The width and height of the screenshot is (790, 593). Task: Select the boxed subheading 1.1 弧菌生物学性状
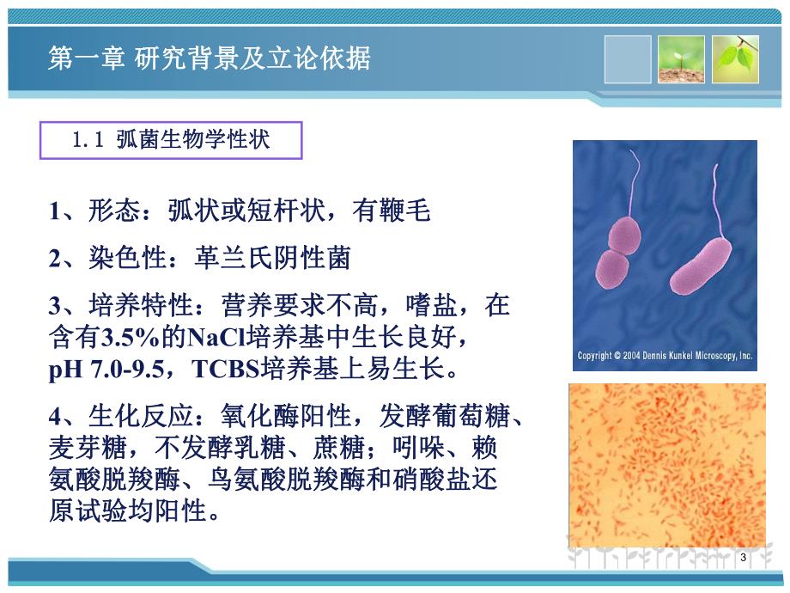[x=172, y=140]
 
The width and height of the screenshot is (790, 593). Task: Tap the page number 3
[x=743, y=559]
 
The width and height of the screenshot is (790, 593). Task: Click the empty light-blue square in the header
[x=628, y=59]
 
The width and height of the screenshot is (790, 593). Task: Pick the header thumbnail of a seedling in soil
[x=682, y=59]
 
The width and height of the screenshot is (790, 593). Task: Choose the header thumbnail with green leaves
[x=736, y=59]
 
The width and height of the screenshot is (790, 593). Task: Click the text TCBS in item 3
[x=226, y=370]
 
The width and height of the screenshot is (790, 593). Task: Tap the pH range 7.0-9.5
[x=132, y=370]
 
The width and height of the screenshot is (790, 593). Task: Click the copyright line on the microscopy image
[x=665, y=355]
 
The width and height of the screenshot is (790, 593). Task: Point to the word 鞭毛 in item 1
[x=410, y=211]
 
